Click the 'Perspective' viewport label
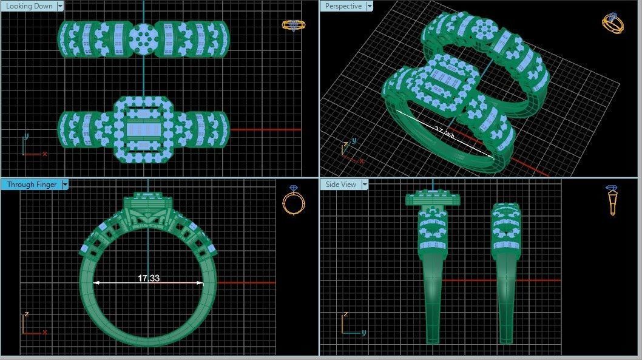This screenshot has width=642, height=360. click(x=343, y=6)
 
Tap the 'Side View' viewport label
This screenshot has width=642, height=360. click(x=340, y=184)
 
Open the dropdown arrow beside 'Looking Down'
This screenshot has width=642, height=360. click(x=59, y=6)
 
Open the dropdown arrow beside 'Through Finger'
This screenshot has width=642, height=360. click(x=64, y=184)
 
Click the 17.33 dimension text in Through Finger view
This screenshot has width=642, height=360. click(x=149, y=278)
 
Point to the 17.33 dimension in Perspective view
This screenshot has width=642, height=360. click(x=444, y=132)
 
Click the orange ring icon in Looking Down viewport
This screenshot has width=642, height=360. click(x=293, y=25)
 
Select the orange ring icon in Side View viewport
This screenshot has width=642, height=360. click(x=612, y=200)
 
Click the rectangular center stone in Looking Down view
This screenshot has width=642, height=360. click(x=144, y=129)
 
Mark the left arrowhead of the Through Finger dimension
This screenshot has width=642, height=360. click(x=95, y=282)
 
